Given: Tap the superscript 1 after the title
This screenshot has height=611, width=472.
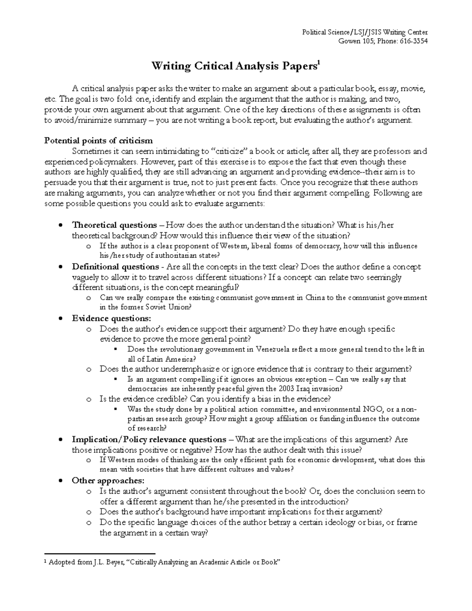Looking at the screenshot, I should coord(319,63).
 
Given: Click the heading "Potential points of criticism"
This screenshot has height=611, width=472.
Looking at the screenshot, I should coord(99,141).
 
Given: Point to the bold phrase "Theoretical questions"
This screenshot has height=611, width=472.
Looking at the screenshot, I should coord(114,225).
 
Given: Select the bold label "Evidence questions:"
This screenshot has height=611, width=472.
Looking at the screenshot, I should coord(111,318).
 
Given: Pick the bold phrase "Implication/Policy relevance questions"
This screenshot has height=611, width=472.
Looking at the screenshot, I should coord(149,439).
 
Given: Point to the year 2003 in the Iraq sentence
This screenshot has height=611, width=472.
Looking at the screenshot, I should coord(277,389).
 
